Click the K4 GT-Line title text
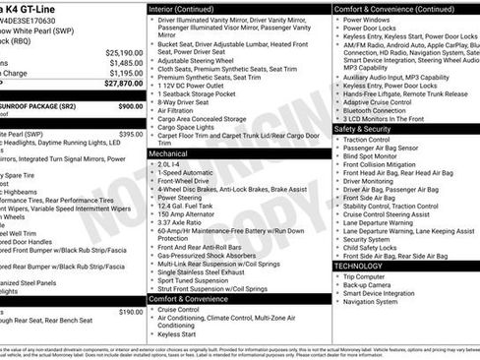tap(44, 7)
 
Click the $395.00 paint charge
tap(131, 134)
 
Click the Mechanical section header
tap(168, 154)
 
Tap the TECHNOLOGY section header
tap(358, 266)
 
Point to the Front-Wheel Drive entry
tap(188, 181)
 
